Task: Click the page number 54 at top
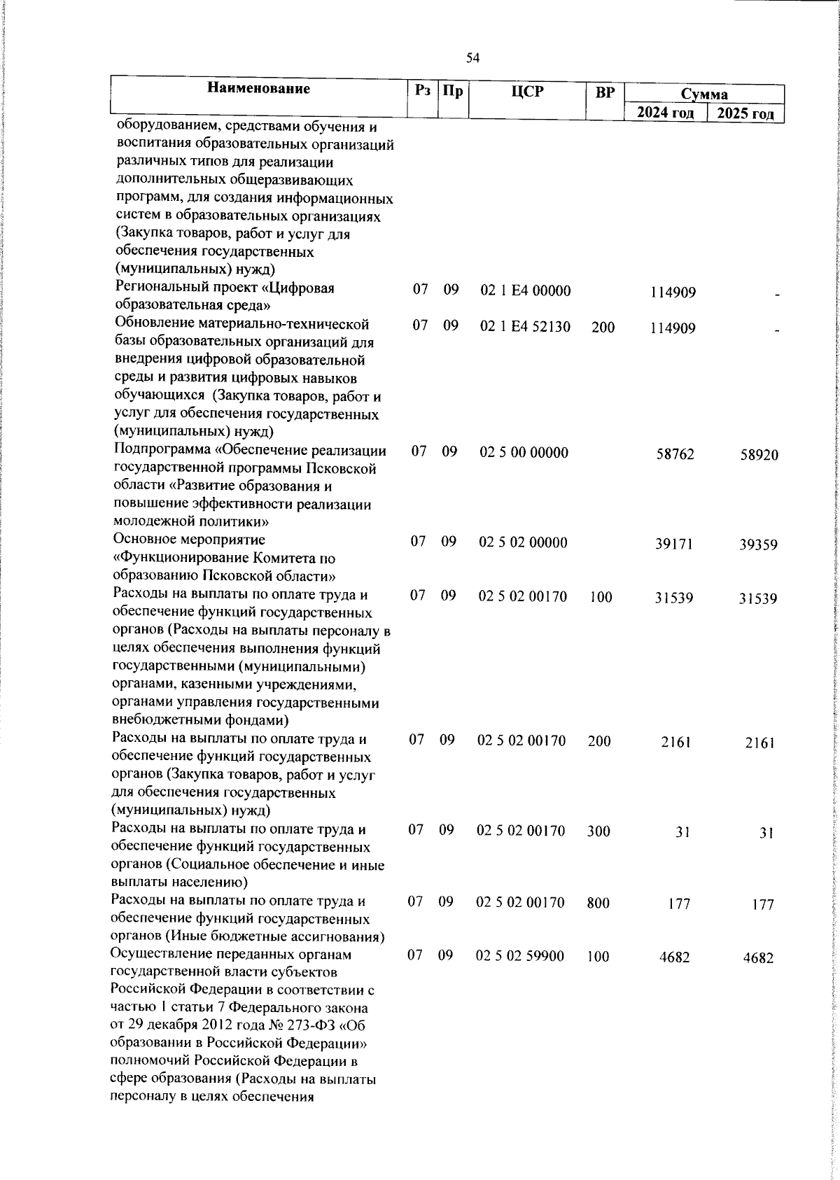coord(472,59)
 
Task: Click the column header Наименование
coord(258,89)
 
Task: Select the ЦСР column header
coord(527,91)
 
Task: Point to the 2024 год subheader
coord(666,113)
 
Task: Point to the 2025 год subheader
coord(746,114)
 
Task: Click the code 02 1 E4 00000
coord(525,290)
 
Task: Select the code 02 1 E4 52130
coord(525,327)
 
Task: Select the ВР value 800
coord(598,903)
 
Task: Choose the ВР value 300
coord(598,831)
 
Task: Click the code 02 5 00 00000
coord(524,452)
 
